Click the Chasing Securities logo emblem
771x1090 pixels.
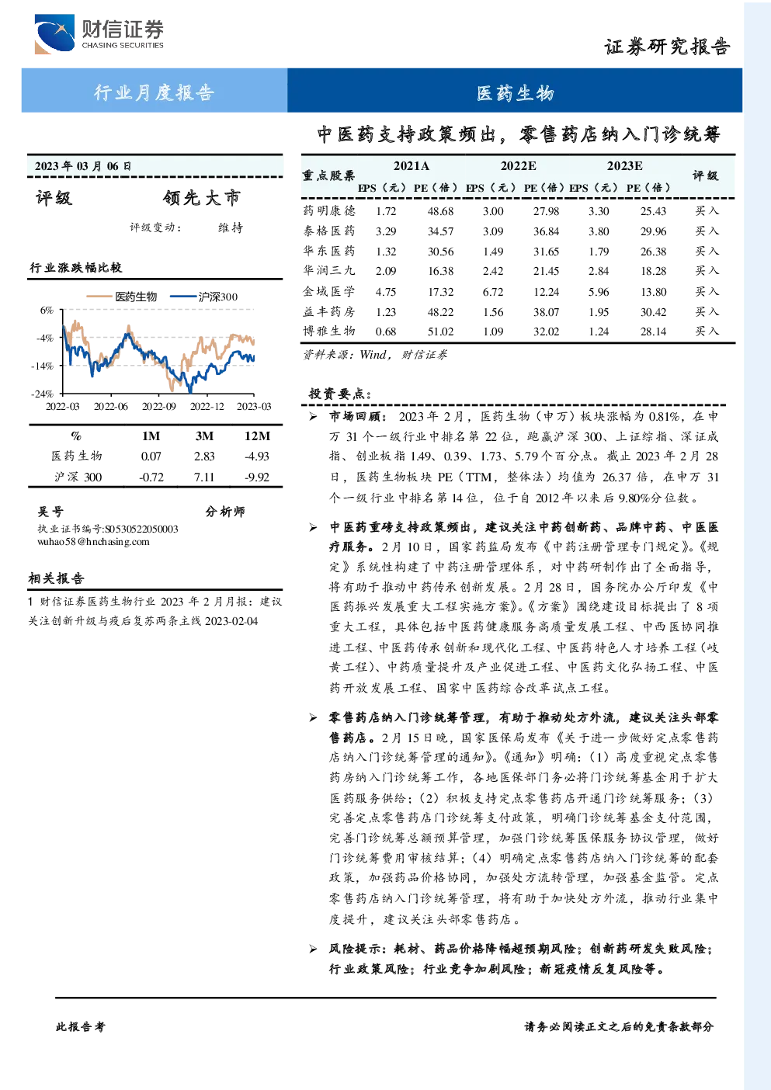[54, 33]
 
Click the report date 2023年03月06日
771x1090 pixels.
[83, 166]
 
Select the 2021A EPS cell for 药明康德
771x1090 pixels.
[385, 211]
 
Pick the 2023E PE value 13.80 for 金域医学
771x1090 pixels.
[653, 292]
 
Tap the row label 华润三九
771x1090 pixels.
[329, 270]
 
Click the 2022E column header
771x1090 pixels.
[519, 166]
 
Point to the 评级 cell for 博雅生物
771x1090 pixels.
[707, 331]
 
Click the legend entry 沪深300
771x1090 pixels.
[204, 297]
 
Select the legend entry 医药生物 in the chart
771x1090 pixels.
[122, 297]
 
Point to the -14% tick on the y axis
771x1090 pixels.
[43, 366]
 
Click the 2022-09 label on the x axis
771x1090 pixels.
[158, 406]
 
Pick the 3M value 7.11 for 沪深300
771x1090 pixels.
[204, 477]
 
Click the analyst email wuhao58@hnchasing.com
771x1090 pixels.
[93, 542]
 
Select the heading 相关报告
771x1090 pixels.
[56, 578]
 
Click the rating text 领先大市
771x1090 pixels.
[201, 198]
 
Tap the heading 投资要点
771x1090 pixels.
[340, 394]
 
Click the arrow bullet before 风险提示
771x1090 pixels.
[313, 949]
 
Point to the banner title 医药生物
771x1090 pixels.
[515, 92]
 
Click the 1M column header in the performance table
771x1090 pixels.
[151, 436]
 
